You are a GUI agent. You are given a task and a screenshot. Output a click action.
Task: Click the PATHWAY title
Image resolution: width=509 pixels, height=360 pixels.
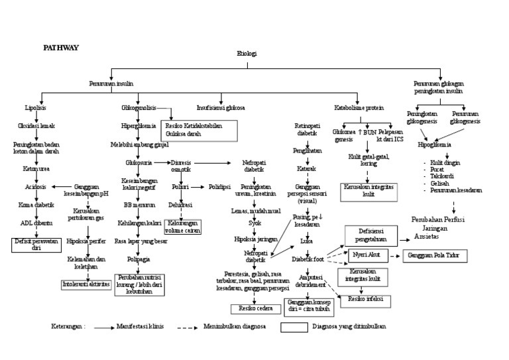(x=61, y=48)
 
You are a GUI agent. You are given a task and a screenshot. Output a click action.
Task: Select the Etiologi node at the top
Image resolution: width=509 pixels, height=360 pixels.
(x=246, y=54)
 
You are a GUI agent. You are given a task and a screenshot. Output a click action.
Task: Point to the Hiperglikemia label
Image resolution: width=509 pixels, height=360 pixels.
(x=137, y=125)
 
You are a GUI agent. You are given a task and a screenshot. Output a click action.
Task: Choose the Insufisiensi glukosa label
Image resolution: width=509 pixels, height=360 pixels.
(x=221, y=107)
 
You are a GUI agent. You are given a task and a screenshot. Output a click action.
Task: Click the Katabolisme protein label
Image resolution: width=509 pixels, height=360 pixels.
(x=359, y=107)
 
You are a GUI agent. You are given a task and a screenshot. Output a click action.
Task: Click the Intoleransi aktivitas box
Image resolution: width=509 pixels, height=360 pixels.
(x=86, y=284)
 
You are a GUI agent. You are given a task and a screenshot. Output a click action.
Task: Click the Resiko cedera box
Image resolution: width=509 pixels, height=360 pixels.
(x=247, y=308)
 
